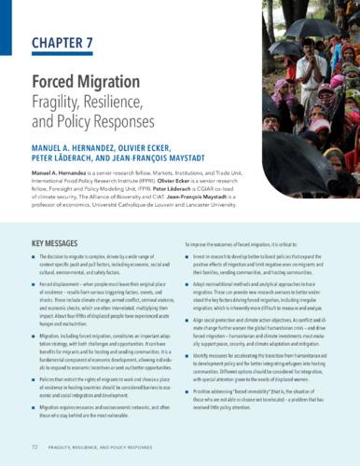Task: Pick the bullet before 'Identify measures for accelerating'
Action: tap(189, 356)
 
